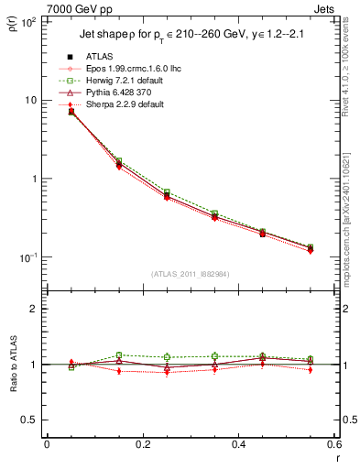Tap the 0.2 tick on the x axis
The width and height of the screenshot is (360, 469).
coord(142,446)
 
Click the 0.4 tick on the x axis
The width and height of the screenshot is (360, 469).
coord(237,446)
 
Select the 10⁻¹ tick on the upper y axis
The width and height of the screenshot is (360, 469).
coord(27,257)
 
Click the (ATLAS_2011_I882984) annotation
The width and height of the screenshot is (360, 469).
coord(191,273)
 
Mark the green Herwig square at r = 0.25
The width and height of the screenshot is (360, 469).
coord(166,192)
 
